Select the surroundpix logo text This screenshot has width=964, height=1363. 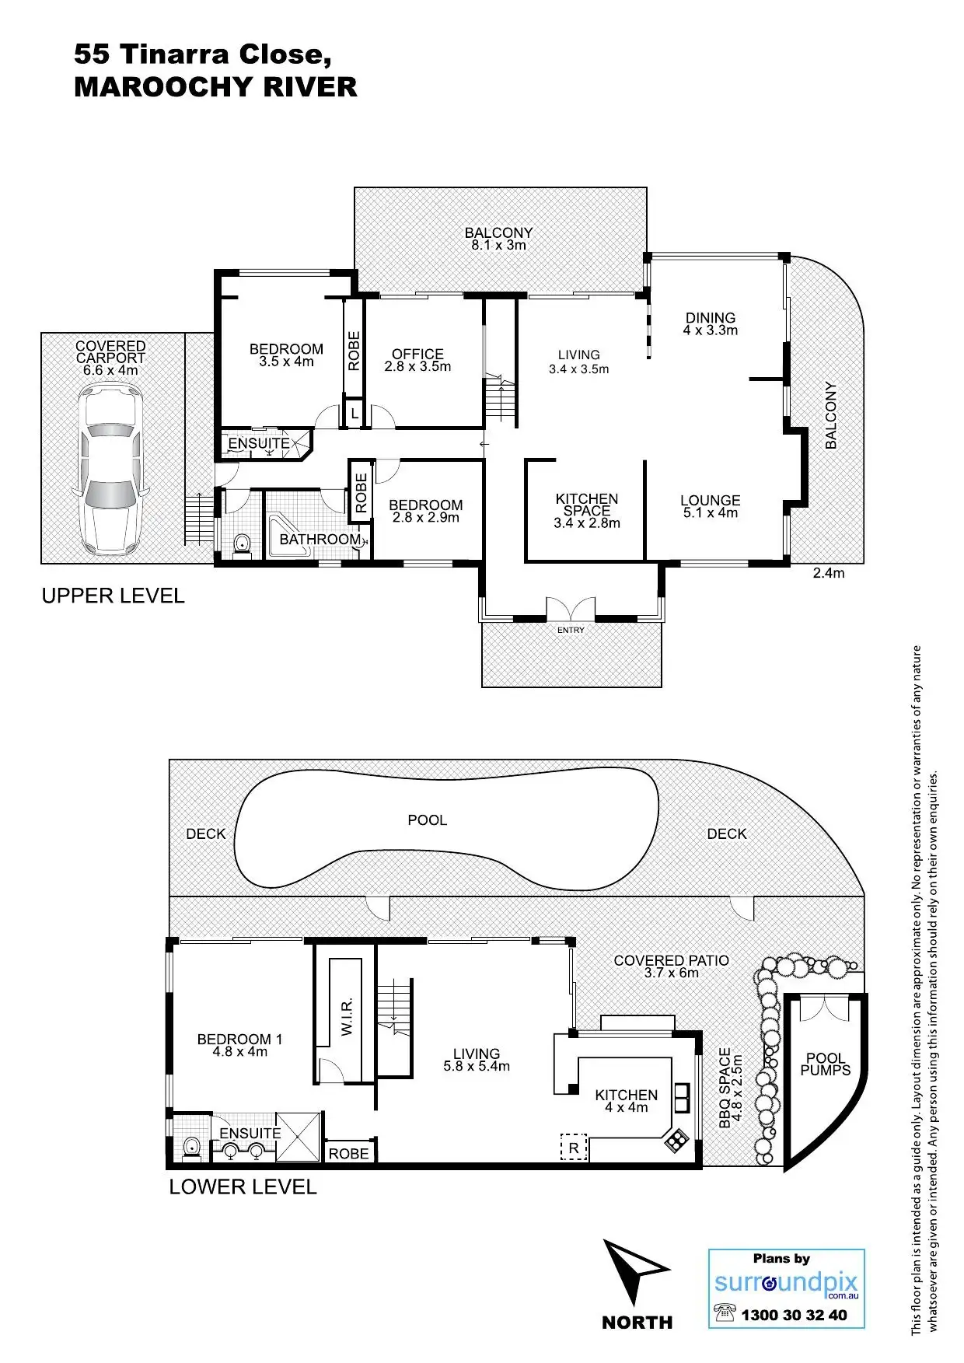coord(785,1283)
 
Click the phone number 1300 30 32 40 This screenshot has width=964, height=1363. coord(793,1316)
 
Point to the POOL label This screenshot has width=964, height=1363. coord(427,820)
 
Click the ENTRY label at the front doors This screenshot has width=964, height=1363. coord(571,630)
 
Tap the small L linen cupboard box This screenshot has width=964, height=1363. coord(355,414)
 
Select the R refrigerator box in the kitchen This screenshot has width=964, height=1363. coord(574,1148)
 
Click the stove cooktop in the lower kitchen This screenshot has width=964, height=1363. coord(675,1141)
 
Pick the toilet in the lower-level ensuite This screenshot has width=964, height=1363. coord(190,1146)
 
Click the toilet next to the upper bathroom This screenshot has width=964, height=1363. coord(242,543)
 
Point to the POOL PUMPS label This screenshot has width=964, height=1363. coord(826,1064)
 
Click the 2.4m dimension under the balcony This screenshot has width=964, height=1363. coord(828,574)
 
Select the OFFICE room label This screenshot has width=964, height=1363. coord(417,355)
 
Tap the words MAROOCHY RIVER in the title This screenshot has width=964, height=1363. coord(215,87)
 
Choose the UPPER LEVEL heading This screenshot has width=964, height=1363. coord(113,596)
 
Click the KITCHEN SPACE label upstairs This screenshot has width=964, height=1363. coord(587,505)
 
